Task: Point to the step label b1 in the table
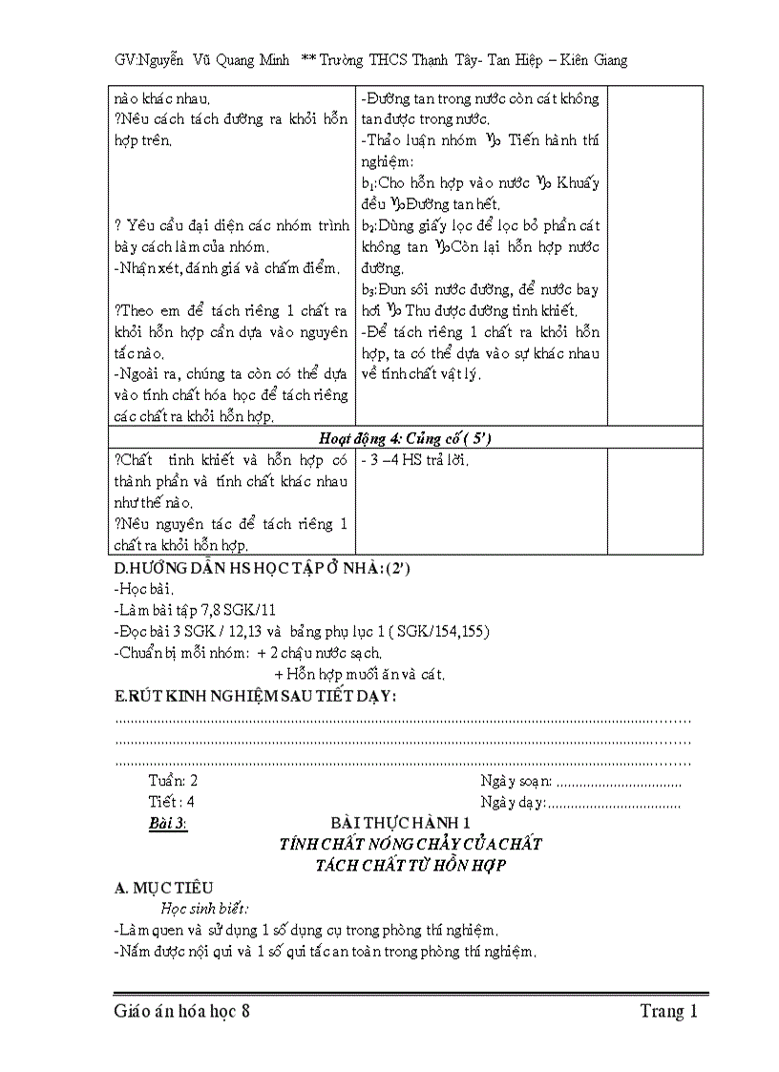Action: tap(370, 182)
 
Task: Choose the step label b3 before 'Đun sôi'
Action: tap(370, 289)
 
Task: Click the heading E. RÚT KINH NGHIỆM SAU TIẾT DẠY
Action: tap(255, 696)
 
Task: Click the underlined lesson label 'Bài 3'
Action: tap(167, 823)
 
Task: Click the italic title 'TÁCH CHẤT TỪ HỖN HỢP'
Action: tap(410, 865)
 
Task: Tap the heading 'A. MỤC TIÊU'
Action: tap(163, 888)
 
